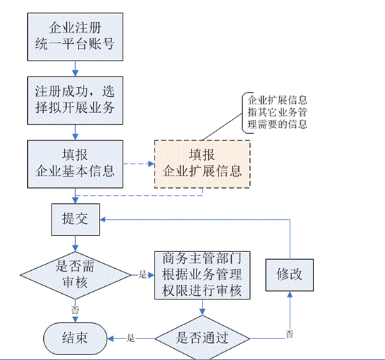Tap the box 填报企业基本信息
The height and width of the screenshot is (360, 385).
click(74, 163)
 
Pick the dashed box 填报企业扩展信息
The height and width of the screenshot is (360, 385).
click(202, 164)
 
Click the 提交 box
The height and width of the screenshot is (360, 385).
click(74, 218)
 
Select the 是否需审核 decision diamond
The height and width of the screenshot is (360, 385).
click(74, 274)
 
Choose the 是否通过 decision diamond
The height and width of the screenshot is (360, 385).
click(203, 338)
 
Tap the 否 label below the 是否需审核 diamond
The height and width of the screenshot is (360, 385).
click(74, 308)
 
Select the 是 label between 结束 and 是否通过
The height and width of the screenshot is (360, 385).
click(130, 338)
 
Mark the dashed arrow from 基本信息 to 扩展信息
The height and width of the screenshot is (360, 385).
click(138, 164)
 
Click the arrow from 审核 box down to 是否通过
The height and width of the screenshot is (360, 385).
click(203, 309)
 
